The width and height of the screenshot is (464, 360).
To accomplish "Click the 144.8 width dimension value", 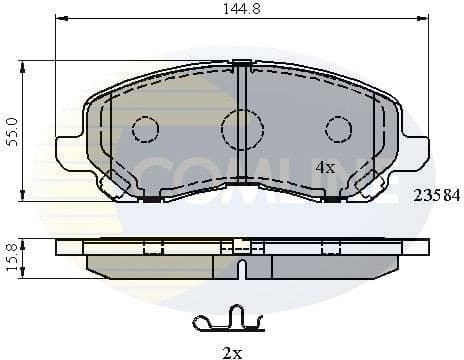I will coord(242,9).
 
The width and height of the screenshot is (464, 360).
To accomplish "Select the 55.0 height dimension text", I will coord(11,131).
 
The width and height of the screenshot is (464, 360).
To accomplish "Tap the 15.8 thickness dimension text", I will coord(11,259).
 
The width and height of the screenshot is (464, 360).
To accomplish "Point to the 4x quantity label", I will coord(325,167).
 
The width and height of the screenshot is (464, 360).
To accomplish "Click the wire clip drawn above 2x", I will coord(227,322).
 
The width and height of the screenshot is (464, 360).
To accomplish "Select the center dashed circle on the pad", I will coord(242,128).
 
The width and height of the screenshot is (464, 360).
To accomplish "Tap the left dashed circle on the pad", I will coord(146,129).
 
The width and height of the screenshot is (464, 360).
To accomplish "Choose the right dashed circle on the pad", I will coord(339,129).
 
